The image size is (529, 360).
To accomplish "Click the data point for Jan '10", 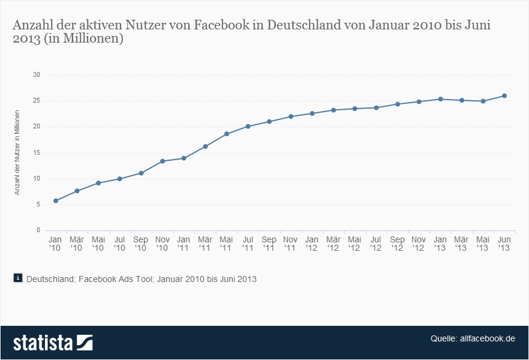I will tap(56, 200).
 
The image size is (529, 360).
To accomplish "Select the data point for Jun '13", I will tap(504, 96).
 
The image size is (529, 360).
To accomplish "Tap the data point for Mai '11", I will tap(227, 134).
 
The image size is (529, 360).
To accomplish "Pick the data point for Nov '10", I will tap(163, 161).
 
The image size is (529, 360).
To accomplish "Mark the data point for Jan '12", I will tap(312, 113).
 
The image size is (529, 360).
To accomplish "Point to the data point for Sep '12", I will tap(397, 104).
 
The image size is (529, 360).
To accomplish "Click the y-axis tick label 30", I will tap(37, 75).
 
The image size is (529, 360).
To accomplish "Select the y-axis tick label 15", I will tap(37, 152).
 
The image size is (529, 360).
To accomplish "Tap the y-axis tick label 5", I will tap(38, 205).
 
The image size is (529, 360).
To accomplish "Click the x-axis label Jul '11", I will tap(248, 243).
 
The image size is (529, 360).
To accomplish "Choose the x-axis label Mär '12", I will tap(333, 243).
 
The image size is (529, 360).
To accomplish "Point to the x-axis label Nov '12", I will tap(419, 243).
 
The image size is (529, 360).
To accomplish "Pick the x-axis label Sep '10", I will tap(141, 243).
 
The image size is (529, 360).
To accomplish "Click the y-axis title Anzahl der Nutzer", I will tap(18, 152).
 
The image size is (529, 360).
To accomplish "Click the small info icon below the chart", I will tap(18, 278).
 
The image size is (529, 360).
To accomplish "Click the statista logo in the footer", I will tap(53, 343).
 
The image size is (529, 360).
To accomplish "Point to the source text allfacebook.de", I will tap(488, 338).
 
